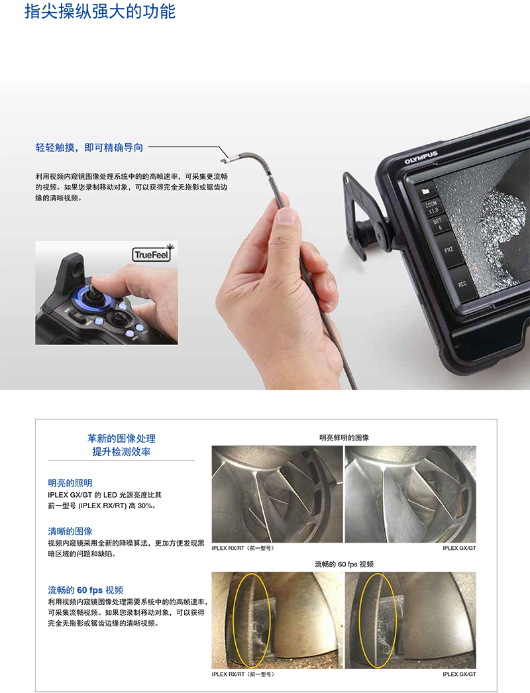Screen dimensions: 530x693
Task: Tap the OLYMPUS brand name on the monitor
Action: point(421,157)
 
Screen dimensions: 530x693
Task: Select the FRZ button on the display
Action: point(449,250)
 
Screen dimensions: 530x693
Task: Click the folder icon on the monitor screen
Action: point(426,191)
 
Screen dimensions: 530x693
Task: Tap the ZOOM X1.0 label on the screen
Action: point(432,207)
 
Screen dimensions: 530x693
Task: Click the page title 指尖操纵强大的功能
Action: point(100,11)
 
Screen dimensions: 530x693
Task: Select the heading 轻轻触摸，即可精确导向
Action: point(89,148)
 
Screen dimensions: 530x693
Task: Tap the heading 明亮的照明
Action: point(70,483)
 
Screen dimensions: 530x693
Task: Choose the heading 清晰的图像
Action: point(70,531)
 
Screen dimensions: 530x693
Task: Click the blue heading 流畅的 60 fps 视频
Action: point(85,590)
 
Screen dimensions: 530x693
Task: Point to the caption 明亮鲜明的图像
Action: point(344,437)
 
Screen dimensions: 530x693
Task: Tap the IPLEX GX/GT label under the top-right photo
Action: point(459,548)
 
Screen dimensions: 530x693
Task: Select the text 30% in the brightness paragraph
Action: point(144,506)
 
